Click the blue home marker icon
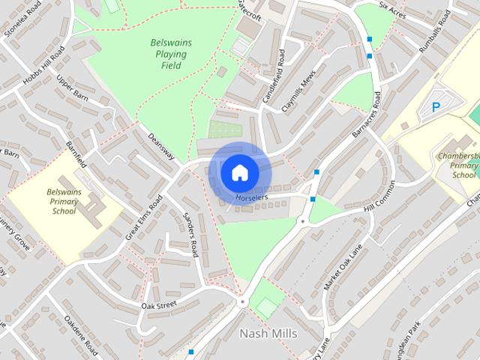point(239,172)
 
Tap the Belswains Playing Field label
point(170,54)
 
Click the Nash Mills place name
point(268,333)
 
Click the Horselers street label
point(251,198)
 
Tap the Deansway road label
point(161,146)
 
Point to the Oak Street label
point(158,305)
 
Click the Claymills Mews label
point(297,94)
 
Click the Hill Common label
point(379,197)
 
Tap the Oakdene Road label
point(81,334)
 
